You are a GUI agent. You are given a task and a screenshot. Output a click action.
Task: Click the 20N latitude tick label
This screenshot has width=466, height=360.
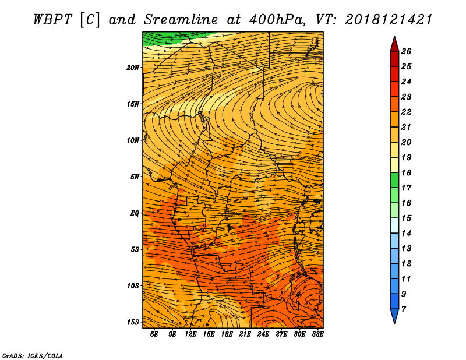click(x=133, y=68)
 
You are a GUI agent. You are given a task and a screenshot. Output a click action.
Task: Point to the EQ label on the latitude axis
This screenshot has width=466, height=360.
click(x=135, y=213)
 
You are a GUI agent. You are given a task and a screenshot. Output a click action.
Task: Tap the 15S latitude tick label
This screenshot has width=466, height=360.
click(x=133, y=322)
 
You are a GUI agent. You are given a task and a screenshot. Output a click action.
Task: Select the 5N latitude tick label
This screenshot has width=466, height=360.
click(x=135, y=177)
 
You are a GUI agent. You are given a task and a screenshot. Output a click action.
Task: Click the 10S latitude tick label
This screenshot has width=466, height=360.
click(x=133, y=285)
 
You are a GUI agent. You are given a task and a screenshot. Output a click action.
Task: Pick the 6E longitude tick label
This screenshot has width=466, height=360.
click(x=154, y=334)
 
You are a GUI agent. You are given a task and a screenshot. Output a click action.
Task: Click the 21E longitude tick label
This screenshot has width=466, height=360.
click(x=245, y=334)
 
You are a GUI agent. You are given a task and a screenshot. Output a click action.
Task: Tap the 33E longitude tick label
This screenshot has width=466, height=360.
click(x=317, y=334)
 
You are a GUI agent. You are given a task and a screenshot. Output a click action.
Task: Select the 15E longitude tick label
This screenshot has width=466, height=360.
click(x=209, y=334)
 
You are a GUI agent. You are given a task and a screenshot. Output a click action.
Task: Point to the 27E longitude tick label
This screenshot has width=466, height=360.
click(x=281, y=334)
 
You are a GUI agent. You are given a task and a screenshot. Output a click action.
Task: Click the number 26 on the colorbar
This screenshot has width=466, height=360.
click(x=406, y=51)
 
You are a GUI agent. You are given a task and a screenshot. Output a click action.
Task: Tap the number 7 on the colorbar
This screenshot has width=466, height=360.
click(x=403, y=309)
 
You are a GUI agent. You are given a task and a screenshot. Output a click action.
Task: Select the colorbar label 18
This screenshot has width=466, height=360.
click(x=406, y=172)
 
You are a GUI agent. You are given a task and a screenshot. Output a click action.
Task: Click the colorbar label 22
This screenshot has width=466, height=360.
click(x=406, y=112)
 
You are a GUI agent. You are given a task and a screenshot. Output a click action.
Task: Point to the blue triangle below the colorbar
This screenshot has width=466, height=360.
click(x=394, y=315)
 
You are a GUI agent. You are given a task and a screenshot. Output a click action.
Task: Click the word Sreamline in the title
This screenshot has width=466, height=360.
click(x=181, y=20)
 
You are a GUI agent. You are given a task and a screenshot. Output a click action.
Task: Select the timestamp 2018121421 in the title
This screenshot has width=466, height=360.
click(x=388, y=20)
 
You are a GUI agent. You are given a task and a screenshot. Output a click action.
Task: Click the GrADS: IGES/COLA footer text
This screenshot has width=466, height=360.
click(x=33, y=356)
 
